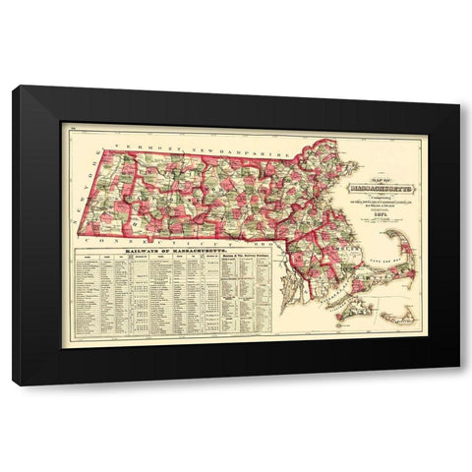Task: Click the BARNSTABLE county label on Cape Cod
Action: coord(369,280)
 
